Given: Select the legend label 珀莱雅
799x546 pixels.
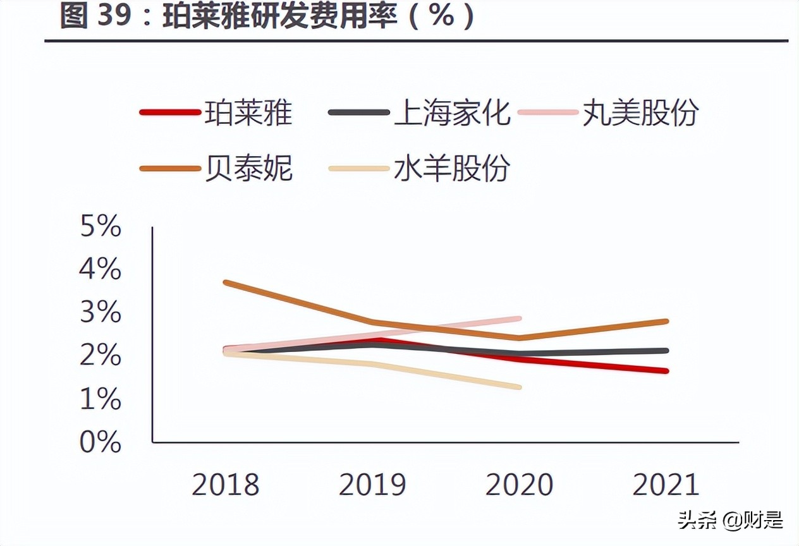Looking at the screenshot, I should tap(248, 113).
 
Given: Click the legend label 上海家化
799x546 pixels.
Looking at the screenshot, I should tap(451, 113).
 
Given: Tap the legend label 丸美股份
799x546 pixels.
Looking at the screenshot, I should tap(640, 113).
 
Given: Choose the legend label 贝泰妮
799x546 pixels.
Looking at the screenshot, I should tap(248, 168).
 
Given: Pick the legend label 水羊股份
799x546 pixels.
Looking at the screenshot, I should tap(451, 168).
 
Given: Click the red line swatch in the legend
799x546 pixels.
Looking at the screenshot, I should tap(169, 113).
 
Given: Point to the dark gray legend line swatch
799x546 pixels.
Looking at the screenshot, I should tap(358, 113).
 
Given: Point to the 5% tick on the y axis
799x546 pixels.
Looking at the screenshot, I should tap(101, 226).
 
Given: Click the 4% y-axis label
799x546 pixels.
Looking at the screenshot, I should tap(101, 270).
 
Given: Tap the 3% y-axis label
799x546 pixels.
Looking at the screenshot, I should tap(101, 313).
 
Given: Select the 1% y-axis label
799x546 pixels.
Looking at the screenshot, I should tap(101, 399).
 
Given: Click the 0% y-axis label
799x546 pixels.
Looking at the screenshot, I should tap(101, 442).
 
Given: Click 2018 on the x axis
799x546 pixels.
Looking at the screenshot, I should tap(226, 485).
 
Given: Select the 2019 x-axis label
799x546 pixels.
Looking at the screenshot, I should tap(372, 485).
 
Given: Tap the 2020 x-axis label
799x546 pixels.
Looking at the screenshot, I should tap(519, 485).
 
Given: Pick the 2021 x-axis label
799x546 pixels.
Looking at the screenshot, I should tap(666, 485).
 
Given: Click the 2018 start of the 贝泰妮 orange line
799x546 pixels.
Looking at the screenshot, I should tap(226, 282).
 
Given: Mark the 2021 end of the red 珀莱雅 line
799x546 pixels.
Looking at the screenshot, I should tap(666, 371).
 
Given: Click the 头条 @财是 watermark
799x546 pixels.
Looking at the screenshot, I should tap(731, 520).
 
